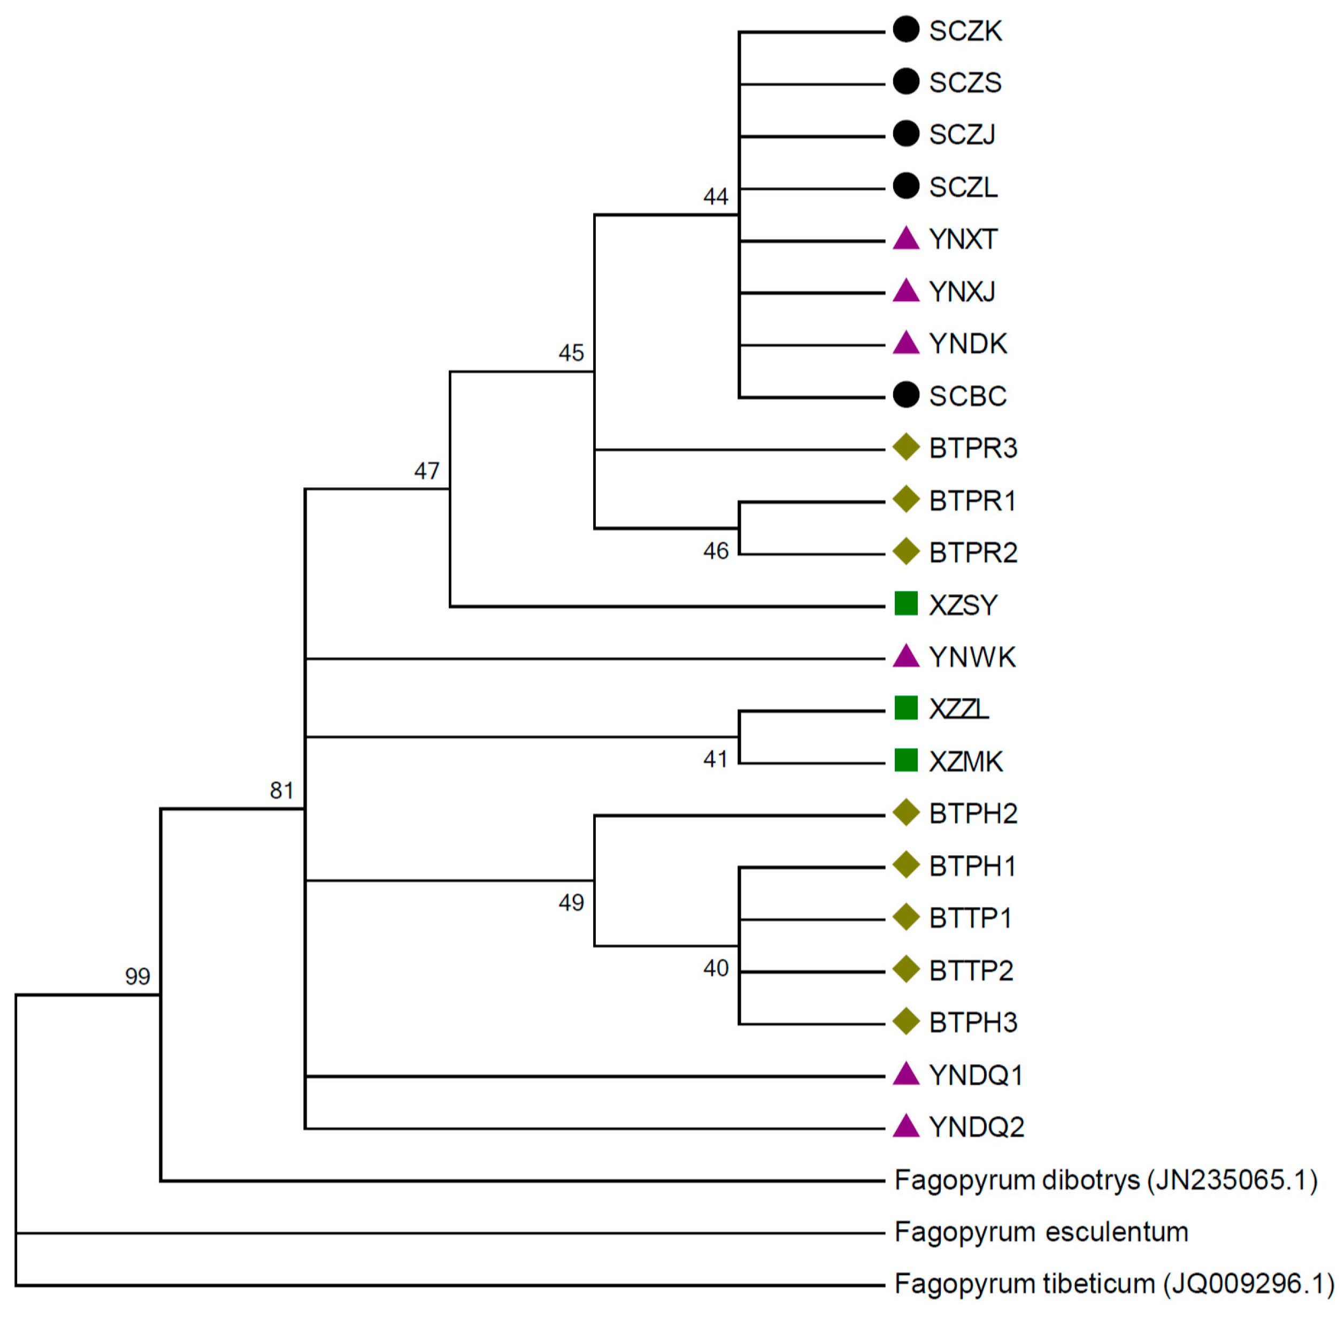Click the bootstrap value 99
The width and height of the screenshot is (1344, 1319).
[x=137, y=976]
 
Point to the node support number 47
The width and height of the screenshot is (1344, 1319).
[x=427, y=471]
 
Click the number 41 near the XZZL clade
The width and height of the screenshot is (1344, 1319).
[x=716, y=760]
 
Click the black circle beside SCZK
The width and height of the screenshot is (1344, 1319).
[x=905, y=30]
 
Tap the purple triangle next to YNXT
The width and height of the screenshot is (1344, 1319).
[x=905, y=239]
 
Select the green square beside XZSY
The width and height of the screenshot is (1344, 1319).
[x=905, y=603]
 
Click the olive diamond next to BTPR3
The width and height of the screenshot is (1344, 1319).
[x=905, y=448]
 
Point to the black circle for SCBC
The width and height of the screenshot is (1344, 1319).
[x=905, y=395]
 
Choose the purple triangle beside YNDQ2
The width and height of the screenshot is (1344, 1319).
[x=905, y=1127]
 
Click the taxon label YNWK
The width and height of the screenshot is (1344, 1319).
[x=972, y=657]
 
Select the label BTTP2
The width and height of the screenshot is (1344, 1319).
[x=971, y=971]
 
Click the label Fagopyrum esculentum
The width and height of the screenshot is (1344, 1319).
[x=1041, y=1232]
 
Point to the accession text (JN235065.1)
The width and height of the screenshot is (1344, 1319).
[x=1232, y=1180]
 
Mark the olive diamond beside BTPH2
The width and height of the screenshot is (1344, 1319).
[x=905, y=812]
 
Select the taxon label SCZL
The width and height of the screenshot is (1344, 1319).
[x=963, y=187]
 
